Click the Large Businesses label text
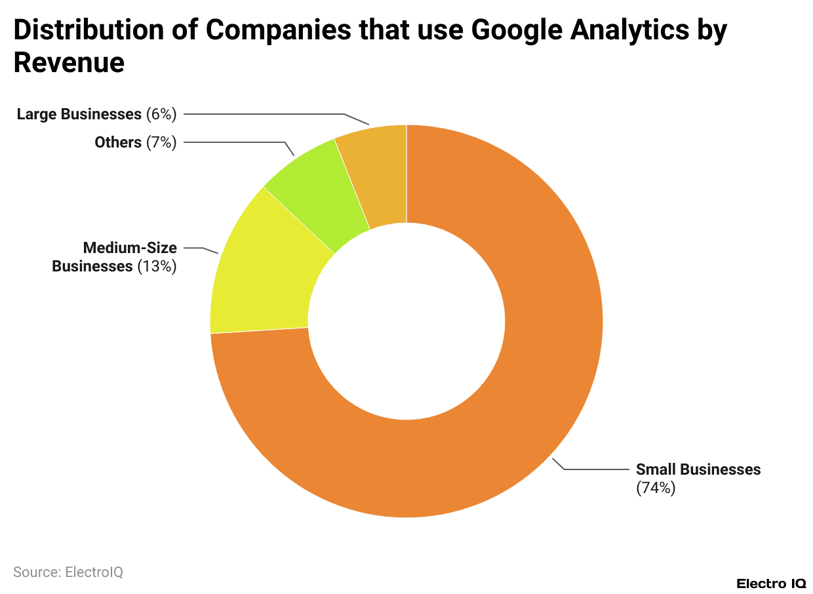click(79, 114)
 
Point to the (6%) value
click(161, 114)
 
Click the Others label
click(118, 142)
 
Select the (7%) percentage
click(161, 142)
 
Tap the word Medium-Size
click(129, 248)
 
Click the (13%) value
click(157, 266)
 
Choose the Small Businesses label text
click(698, 469)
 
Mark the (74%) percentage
click(656, 488)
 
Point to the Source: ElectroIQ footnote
click(68, 572)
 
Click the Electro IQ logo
click(771, 583)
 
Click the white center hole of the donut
click(406, 321)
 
